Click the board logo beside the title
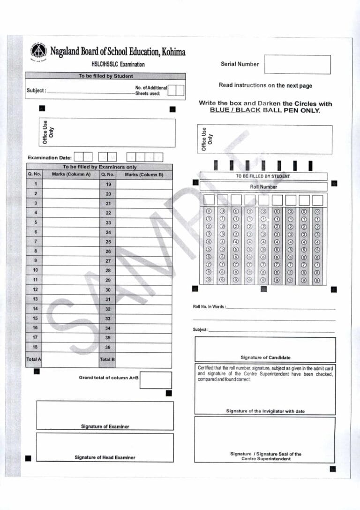38,52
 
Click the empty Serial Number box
297,64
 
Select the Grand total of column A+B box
156,380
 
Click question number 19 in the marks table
108,184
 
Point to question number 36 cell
108,347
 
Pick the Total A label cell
34,359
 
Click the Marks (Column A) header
71,175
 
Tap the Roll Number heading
263,186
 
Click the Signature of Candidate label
265,358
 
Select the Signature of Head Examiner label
105,457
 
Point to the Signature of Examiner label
105,426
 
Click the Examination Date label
50,158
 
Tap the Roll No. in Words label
209,307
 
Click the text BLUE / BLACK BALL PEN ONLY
265,110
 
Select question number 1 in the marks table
36,184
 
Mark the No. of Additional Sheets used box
176,91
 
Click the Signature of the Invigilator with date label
265,411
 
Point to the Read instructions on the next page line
265,85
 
